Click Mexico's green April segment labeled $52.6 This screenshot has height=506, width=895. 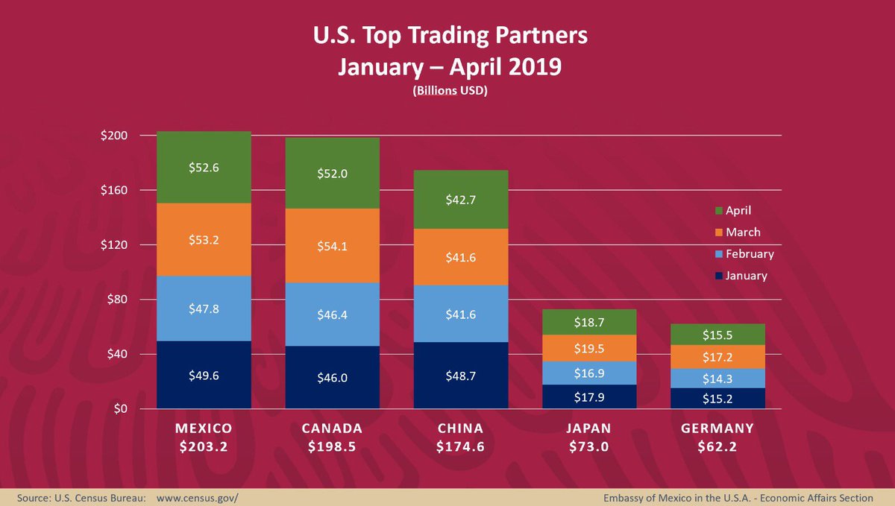click(204, 168)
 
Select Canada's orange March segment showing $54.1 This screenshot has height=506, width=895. click(332, 245)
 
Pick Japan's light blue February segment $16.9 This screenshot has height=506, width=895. click(589, 373)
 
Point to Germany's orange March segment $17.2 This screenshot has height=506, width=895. click(717, 357)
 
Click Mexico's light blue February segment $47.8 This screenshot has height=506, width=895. click(204, 309)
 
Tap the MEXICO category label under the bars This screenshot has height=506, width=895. click(204, 428)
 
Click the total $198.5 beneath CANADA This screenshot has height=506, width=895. click(332, 447)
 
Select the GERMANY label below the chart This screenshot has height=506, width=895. click(717, 428)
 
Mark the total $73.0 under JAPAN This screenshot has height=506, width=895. click(589, 447)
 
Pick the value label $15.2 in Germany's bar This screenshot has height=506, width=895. click(717, 399)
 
